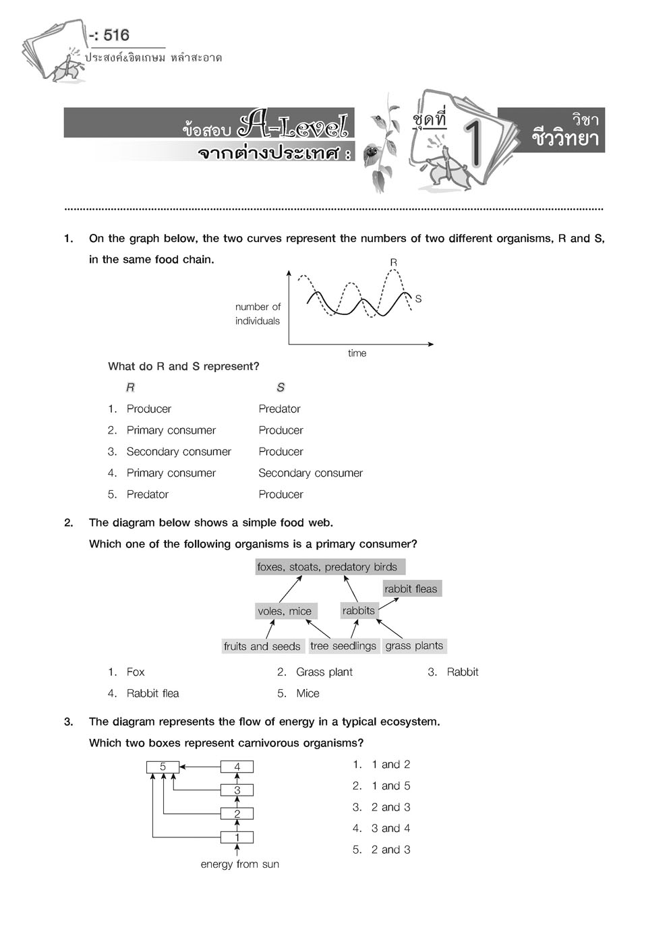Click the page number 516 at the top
point(116,34)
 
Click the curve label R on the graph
point(393,262)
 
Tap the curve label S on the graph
point(418,299)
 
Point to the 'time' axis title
point(357,353)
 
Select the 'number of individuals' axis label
point(258,314)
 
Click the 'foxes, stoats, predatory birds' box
point(330,567)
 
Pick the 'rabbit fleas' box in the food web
point(411,589)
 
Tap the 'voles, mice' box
point(285,611)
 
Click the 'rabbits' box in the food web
point(358,610)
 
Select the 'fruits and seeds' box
point(262,646)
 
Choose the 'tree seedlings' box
point(343,645)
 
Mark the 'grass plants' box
point(414,645)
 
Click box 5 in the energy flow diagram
point(163,767)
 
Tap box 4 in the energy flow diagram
point(237,767)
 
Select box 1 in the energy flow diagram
point(237,837)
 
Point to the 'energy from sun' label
point(239,864)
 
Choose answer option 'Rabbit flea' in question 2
point(152,693)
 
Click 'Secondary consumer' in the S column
point(310,473)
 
